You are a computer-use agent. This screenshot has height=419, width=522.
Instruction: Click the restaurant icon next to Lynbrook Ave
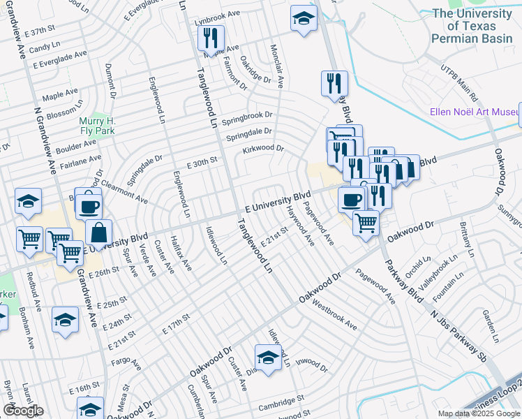[211, 40]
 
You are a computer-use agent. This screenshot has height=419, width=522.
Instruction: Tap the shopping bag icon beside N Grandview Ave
[99, 232]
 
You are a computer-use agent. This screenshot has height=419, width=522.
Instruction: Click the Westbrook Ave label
[334, 316]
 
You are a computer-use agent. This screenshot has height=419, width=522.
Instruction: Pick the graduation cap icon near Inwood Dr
[268, 358]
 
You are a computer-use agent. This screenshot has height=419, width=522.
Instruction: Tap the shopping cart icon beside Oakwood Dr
[366, 223]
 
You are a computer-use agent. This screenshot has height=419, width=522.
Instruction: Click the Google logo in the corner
[23, 411]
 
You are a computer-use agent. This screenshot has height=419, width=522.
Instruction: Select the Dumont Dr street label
[110, 80]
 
